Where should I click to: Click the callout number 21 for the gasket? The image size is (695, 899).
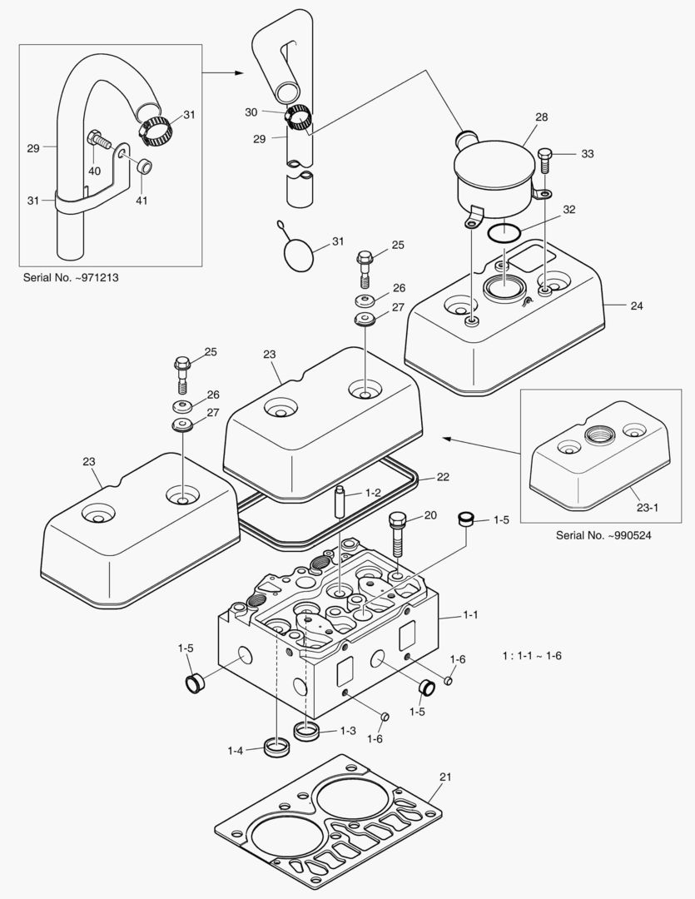(x=445, y=777)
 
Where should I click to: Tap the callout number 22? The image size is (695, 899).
(x=443, y=477)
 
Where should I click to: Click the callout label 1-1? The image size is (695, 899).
(x=471, y=615)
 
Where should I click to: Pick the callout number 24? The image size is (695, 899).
(x=636, y=305)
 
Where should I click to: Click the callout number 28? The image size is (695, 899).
(x=541, y=117)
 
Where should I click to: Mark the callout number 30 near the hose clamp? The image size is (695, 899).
(x=251, y=112)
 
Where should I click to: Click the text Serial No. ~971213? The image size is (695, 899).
(x=70, y=277)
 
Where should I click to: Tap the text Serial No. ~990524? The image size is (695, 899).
(x=603, y=535)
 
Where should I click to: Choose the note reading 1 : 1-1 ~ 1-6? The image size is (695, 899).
(x=532, y=656)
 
